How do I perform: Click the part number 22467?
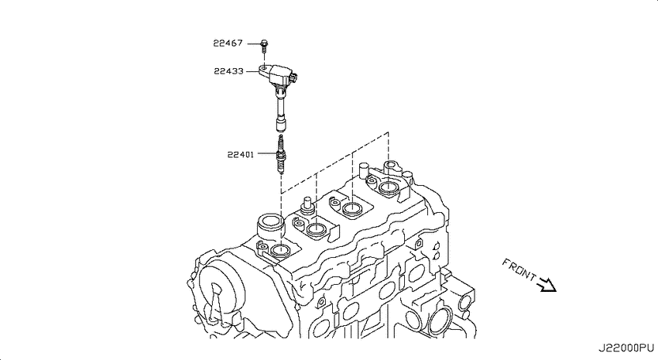(228, 43)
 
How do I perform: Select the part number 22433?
(228, 71)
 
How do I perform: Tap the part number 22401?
(241, 154)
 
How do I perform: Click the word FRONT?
(519, 269)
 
